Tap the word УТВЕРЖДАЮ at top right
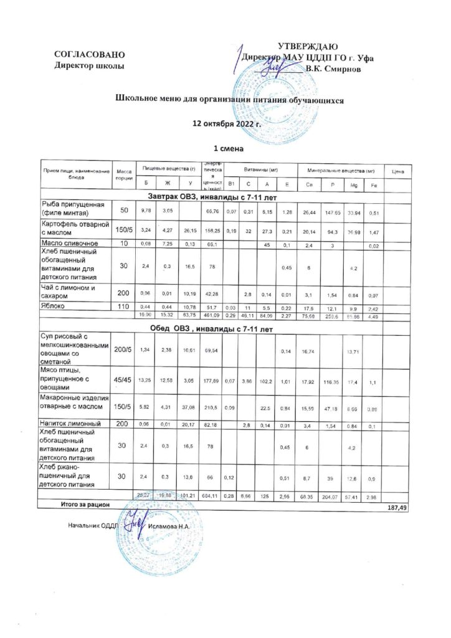(x=307, y=46)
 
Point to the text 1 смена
(x=227, y=149)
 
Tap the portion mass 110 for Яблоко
(x=123, y=307)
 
